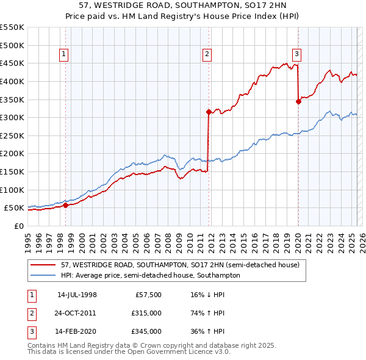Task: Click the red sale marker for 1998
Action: point(65,205)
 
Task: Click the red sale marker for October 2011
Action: point(209,112)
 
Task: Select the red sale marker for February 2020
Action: point(298,101)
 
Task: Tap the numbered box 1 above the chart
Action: point(63,54)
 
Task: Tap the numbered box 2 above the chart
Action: point(207,54)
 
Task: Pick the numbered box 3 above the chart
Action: point(296,54)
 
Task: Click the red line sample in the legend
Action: point(43,265)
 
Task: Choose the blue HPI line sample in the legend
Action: point(43,276)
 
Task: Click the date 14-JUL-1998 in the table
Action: point(77,295)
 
